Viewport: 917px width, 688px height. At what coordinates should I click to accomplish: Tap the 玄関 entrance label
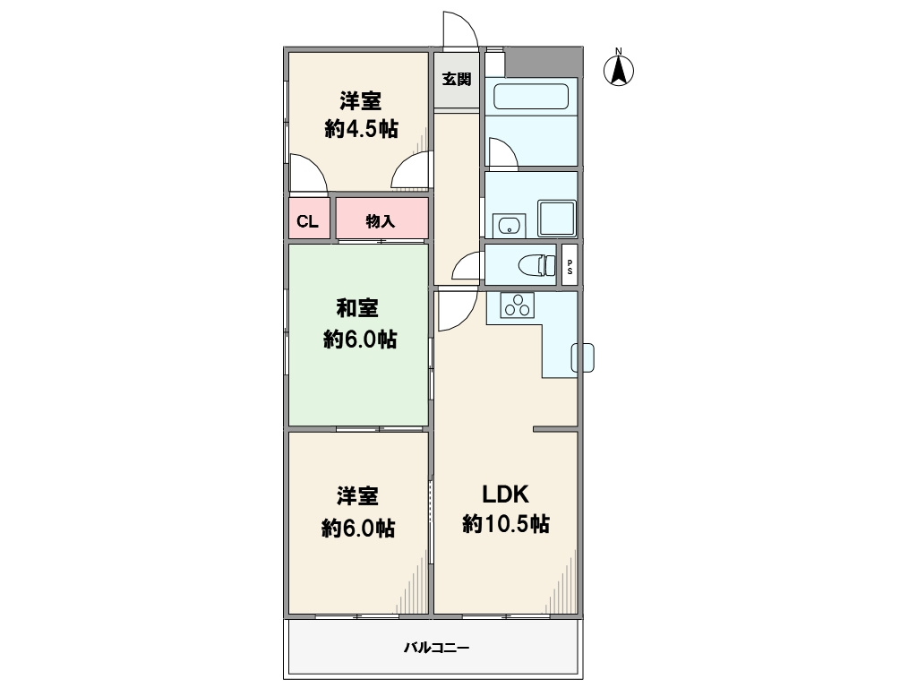(457, 79)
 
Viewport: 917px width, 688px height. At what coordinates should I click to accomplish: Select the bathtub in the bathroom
(531, 97)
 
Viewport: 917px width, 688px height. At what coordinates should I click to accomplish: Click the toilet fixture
(537, 265)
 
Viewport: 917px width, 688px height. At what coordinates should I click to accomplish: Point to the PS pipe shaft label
(570, 267)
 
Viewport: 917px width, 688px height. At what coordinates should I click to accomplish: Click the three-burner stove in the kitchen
(518, 305)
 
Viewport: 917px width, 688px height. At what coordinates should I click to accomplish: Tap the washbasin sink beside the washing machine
(509, 226)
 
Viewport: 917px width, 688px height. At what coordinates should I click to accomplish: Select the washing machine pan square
(557, 219)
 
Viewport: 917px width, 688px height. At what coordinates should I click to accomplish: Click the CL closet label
(308, 222)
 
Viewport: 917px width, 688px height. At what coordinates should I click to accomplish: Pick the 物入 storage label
(381, 221)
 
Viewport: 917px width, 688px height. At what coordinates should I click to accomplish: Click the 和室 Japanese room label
(357, 308)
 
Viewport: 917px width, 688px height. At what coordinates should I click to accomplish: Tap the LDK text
(505, 494)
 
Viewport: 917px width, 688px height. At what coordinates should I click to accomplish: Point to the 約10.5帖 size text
(506, 523)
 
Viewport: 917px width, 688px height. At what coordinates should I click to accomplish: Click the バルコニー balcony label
(437, 648)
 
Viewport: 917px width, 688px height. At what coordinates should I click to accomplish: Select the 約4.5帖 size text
(362, 129)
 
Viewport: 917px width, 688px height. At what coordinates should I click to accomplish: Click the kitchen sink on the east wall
(582, 357)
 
